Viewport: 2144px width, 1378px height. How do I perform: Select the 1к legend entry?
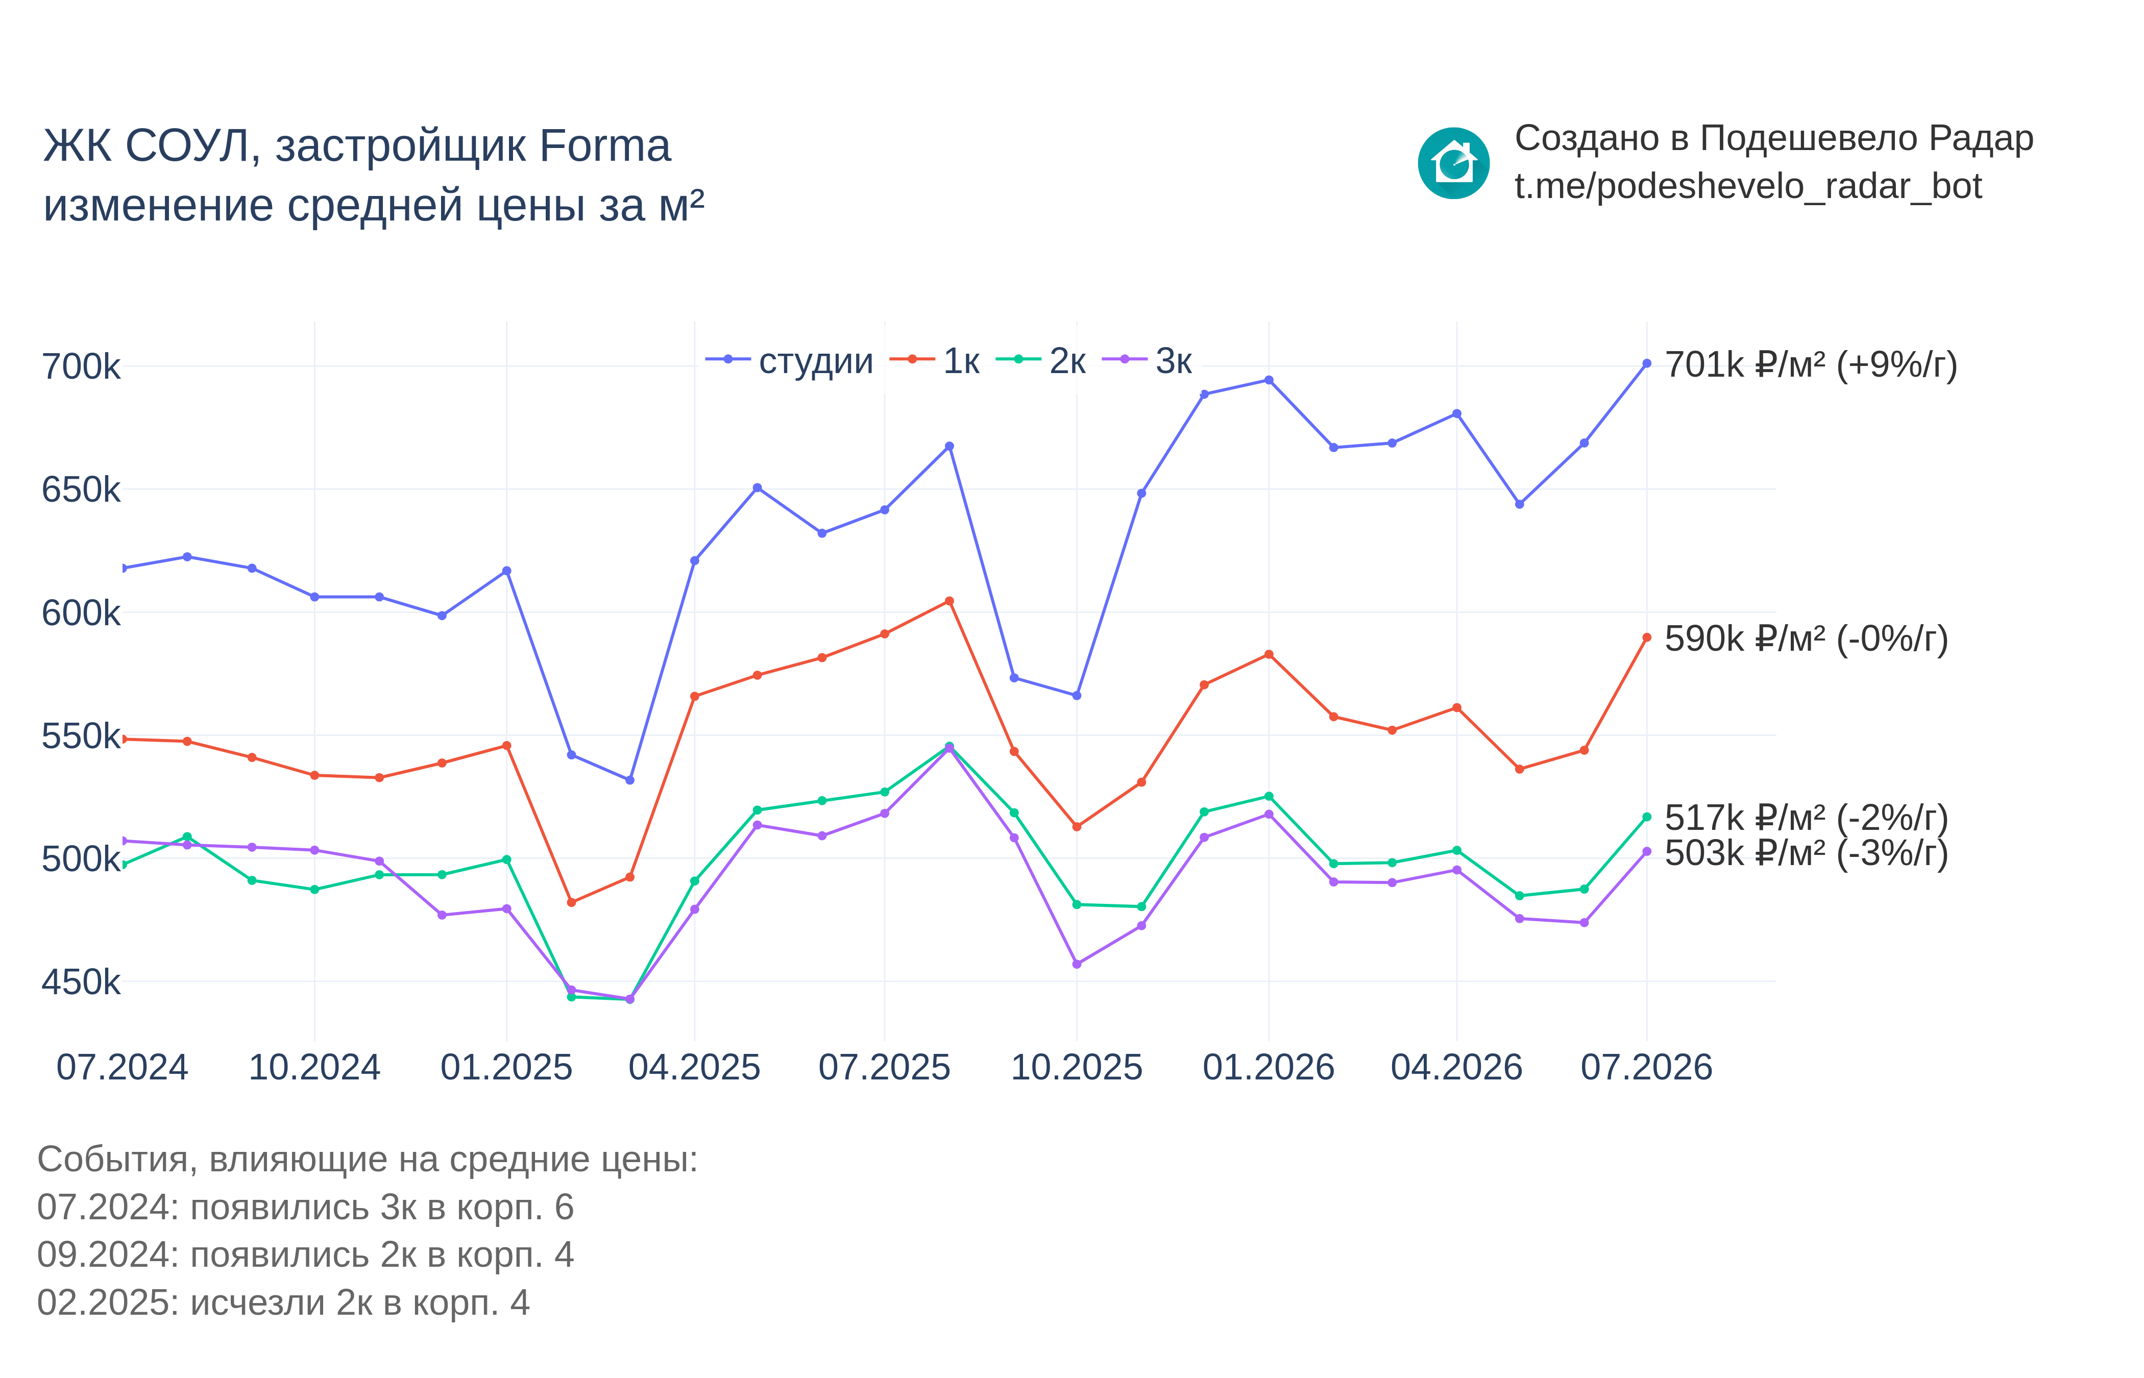click(934, 361)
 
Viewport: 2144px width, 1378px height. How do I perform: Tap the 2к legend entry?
click(1041, 361)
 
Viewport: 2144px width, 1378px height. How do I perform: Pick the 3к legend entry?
click(1147, 361)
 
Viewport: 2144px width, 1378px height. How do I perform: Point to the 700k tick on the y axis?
click(81, 367)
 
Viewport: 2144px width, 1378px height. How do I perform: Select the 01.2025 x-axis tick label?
click(506, 1068)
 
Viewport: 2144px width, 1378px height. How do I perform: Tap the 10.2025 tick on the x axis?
click(1077, 1068)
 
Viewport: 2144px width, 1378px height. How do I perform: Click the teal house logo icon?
click(1453, 163)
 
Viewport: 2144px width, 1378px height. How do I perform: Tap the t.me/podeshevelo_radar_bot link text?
click(1747, 186)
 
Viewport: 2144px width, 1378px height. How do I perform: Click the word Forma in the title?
click(605, 146)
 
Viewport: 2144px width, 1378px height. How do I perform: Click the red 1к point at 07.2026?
click(1646, 638)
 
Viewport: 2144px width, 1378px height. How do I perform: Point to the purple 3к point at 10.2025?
click(1077, 965)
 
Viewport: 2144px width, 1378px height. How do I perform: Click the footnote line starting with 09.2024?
click(305, 1256)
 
